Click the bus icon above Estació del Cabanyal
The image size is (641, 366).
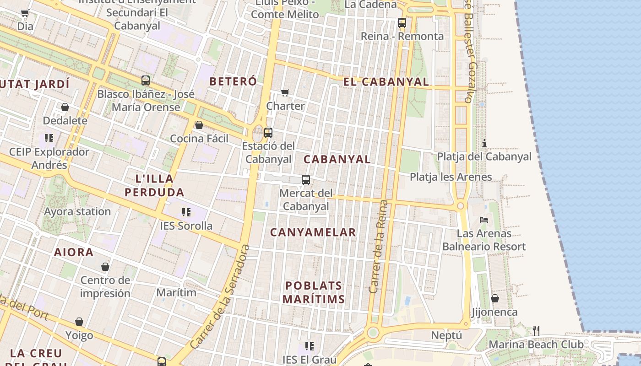pyautogui.click(x=268, y=133)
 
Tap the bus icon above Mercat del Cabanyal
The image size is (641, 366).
pyautogui.click(x=306, y=180)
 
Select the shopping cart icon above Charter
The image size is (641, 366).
pyautogui.click(x=285, y=93)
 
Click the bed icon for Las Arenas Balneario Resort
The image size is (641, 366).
pyautogui.click(x=484, y=220)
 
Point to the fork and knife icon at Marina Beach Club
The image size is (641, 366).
pyautogui.click(x=536, y=330)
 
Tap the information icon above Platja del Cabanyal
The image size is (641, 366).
pyautogui.click(x=484, y=143)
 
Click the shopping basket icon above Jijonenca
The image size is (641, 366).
pyautogui.click(x=494, y=299)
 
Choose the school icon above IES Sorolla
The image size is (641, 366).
pyautogui.click(x=186, y=212)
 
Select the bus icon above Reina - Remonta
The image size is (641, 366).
pyautogui.click(x=402, y=22)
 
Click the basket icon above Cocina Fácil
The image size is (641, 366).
pyautogui.click(x=199, y=125)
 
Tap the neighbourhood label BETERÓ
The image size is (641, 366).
pyautogui.click(x=233, y=81)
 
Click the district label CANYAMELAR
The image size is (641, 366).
pyautogui.click(x=313, y=232)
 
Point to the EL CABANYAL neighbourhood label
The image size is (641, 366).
pyautogui.click(x=386, y=82)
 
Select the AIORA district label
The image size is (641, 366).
pyautogui.click(x=74, y=252)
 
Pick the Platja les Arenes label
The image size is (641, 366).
pyautogui.click(x=451, y=177)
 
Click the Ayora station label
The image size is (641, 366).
pyautogui.click(x=77, y=212)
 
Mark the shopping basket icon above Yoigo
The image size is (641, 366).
pyautogui.click(x=79, y=322)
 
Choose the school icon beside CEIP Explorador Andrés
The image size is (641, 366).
pyautogui.click(x=49, y=138)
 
